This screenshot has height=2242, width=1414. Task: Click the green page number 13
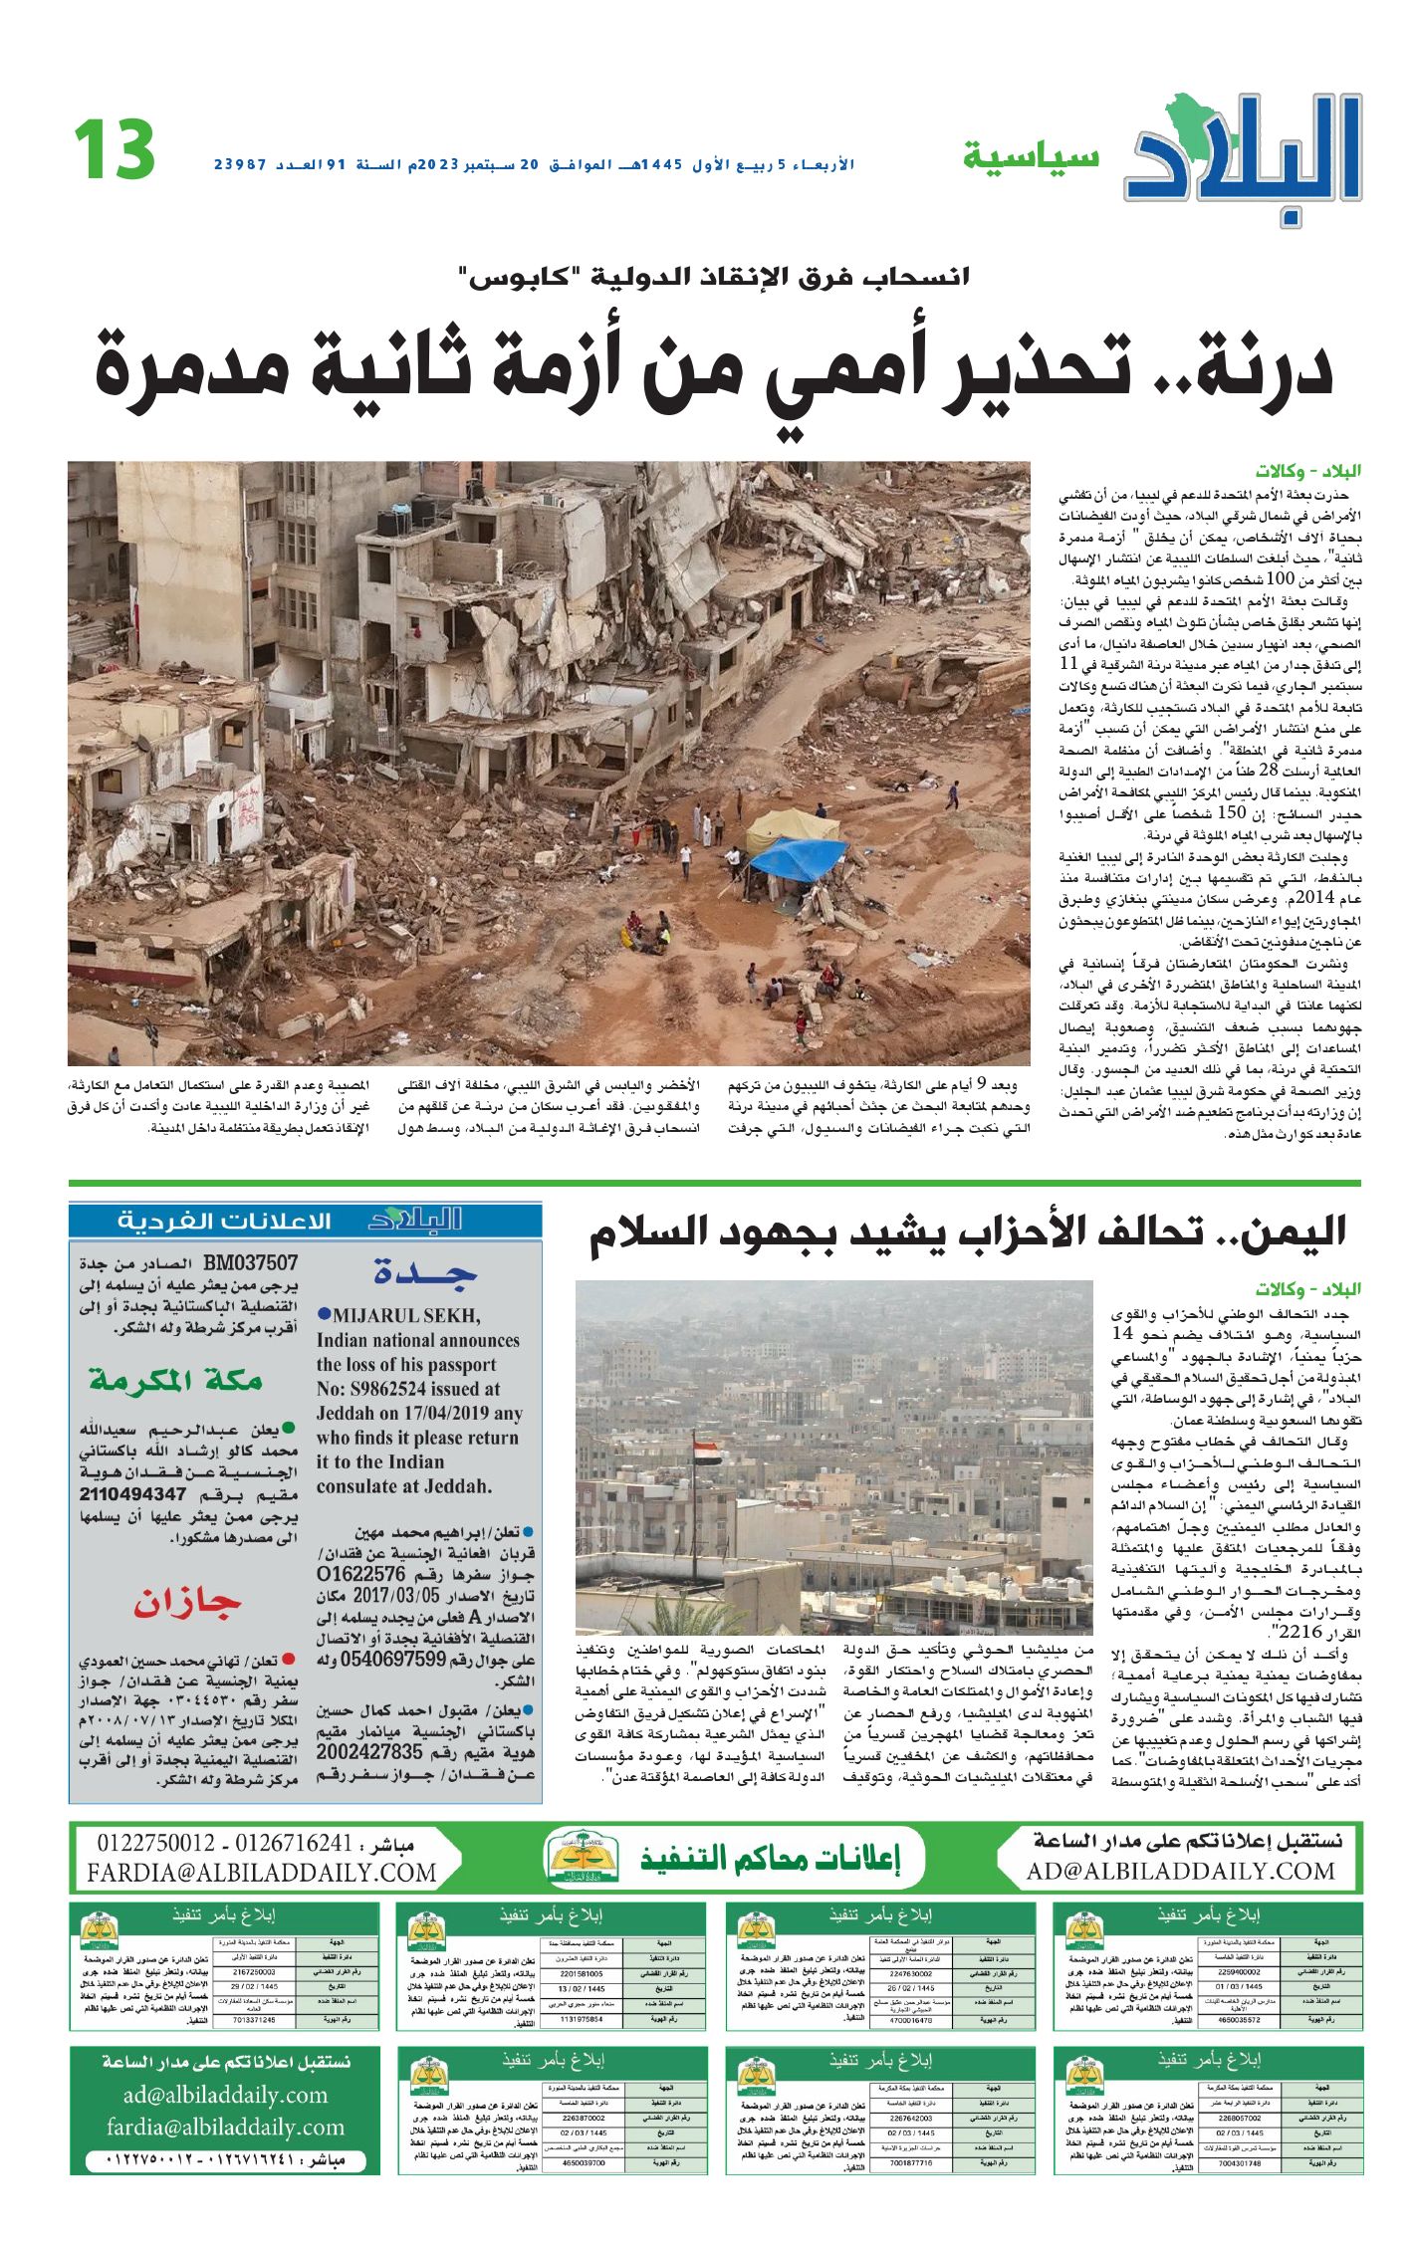114,150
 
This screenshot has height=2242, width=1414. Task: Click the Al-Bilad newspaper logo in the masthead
1243,154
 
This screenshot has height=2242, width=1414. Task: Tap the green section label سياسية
1031,156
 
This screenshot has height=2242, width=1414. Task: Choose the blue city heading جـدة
425,1271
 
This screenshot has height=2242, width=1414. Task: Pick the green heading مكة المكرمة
175,1380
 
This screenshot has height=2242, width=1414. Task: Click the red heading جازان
187,1603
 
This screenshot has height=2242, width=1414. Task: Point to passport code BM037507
250,1263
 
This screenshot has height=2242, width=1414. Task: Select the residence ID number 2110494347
133,1493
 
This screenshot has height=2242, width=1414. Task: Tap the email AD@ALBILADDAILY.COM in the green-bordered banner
1180,1871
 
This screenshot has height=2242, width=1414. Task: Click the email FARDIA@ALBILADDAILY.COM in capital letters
262,1873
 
